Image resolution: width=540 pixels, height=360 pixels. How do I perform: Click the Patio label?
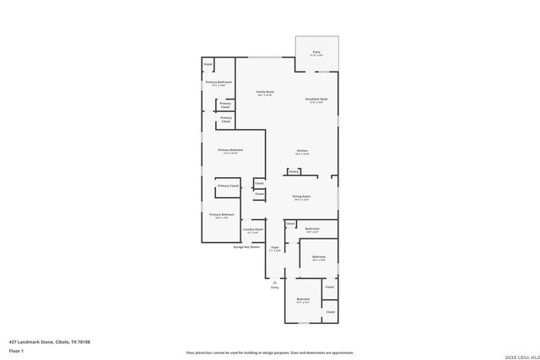point(316,52)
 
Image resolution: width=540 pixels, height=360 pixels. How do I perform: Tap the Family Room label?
point(265,91)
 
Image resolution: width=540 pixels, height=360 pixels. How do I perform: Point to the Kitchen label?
point(302,151)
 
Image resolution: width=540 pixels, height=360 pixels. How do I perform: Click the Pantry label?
point(294,171)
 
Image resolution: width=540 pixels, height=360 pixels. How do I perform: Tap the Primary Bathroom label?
point(219,82)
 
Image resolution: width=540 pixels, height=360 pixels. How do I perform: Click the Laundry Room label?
point(253,228)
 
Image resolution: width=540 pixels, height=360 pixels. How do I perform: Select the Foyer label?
point(275,247)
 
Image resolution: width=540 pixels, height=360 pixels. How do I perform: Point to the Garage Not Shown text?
point(246,247)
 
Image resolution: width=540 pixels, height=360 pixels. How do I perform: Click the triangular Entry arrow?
point(274,281)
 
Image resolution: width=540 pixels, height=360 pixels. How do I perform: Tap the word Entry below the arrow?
point(274,287)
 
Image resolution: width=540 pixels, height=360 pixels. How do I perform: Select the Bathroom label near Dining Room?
point(312,228)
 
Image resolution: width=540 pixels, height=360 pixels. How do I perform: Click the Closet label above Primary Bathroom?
point(208,63)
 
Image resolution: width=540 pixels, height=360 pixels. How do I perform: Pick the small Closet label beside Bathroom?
point(290,223)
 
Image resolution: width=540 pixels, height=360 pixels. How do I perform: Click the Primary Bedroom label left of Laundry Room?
point(222,214)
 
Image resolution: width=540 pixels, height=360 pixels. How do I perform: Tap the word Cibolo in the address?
point(63,341)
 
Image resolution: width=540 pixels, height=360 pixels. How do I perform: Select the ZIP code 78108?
point(85,341)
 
